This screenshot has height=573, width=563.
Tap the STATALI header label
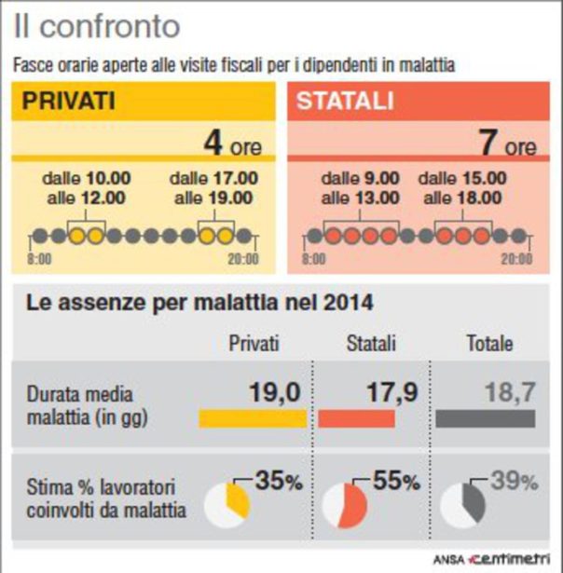[345, 102]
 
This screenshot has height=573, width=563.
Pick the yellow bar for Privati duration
[252, 418]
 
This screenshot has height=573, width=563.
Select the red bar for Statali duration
[356, 418]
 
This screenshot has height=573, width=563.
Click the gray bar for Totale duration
[485, 418]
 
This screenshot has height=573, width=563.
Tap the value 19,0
[275, 392]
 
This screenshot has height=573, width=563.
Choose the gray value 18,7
[510, 392]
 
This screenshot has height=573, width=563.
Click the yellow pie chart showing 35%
[227, 500]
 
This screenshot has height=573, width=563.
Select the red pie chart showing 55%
[345, 502]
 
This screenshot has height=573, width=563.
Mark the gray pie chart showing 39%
[462, 500]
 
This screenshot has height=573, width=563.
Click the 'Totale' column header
[489, 344]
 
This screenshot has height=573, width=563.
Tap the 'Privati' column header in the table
[254, 344]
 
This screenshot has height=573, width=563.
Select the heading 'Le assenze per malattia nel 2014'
[199, 303]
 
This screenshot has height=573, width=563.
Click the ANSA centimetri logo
[498, 558]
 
